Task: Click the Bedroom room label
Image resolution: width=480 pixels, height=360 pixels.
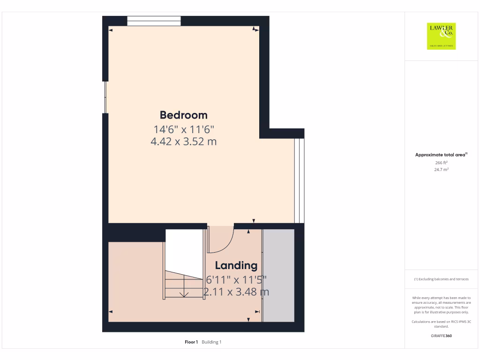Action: (183, 115)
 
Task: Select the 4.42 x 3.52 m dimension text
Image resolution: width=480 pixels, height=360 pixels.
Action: (183, 141)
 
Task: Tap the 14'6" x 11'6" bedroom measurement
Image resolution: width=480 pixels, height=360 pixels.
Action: (183, 128)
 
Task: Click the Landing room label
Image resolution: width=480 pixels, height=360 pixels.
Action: (236, 265)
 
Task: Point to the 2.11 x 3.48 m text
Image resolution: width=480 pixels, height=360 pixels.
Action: (236, 292)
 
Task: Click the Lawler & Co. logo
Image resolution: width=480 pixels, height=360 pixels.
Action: (441, 36)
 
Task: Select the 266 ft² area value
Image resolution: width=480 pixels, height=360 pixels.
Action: (441, 163)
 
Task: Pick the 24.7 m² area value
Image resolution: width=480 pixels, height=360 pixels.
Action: (441, 170)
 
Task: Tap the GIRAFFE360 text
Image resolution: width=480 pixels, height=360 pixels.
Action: (441, 336)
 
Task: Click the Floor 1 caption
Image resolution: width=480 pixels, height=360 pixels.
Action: (191, 342)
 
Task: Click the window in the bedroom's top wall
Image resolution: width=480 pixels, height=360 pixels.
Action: (154, 21)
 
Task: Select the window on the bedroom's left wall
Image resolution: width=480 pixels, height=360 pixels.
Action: (105, 97)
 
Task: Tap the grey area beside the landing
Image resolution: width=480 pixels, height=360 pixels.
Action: (278, 275)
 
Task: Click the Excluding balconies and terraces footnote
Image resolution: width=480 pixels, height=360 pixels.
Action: (441, 279)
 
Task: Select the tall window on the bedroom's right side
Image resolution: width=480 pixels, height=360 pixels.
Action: (299, 180)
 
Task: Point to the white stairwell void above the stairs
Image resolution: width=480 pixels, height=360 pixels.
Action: (184, 251)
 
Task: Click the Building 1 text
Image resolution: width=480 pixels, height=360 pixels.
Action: (211, 342)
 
